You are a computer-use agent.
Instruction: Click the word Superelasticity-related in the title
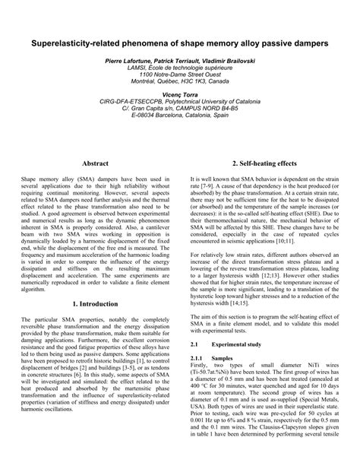(76, 45)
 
